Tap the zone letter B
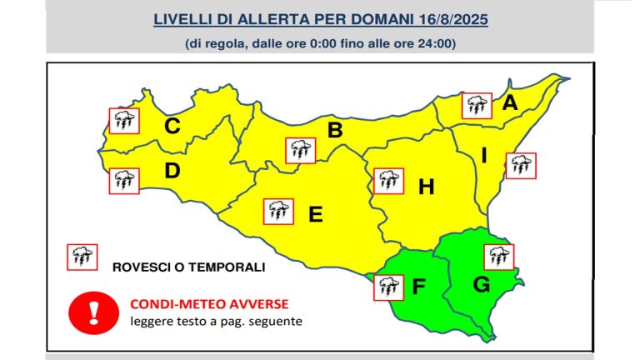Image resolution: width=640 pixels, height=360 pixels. pos(335,131)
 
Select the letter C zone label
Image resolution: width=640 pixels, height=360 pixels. pos(172,127)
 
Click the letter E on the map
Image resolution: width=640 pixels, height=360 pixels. pos(315,214)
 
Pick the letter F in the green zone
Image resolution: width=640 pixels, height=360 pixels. pos(419,287)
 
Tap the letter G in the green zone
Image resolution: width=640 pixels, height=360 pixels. pos(482,284)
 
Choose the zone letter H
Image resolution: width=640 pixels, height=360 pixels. pos(427,187)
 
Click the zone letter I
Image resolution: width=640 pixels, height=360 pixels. pos(483,155)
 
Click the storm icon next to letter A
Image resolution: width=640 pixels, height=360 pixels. pos(477,105)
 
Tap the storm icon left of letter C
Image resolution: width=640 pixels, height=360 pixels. pos(125,121)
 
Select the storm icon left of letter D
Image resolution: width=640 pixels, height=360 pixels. pos(125,179)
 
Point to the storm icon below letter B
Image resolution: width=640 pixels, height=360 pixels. pos(301,151)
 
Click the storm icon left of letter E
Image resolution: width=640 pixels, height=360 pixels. pos(277,212)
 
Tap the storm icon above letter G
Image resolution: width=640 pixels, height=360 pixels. pos(499,257)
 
